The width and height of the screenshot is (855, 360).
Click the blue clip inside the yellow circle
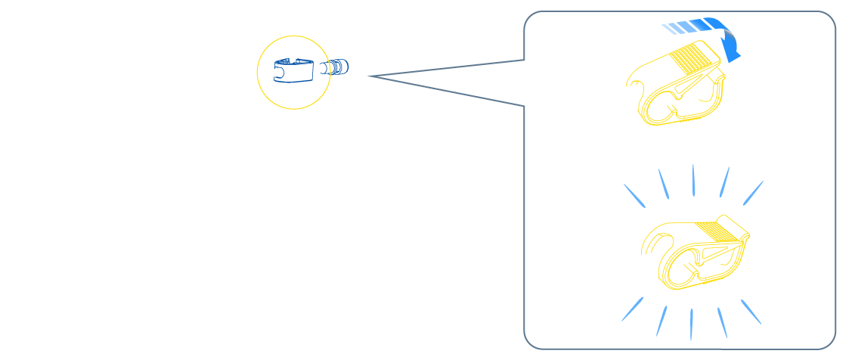click(293, 70)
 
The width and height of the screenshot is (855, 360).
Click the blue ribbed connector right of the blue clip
click(336, 68)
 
